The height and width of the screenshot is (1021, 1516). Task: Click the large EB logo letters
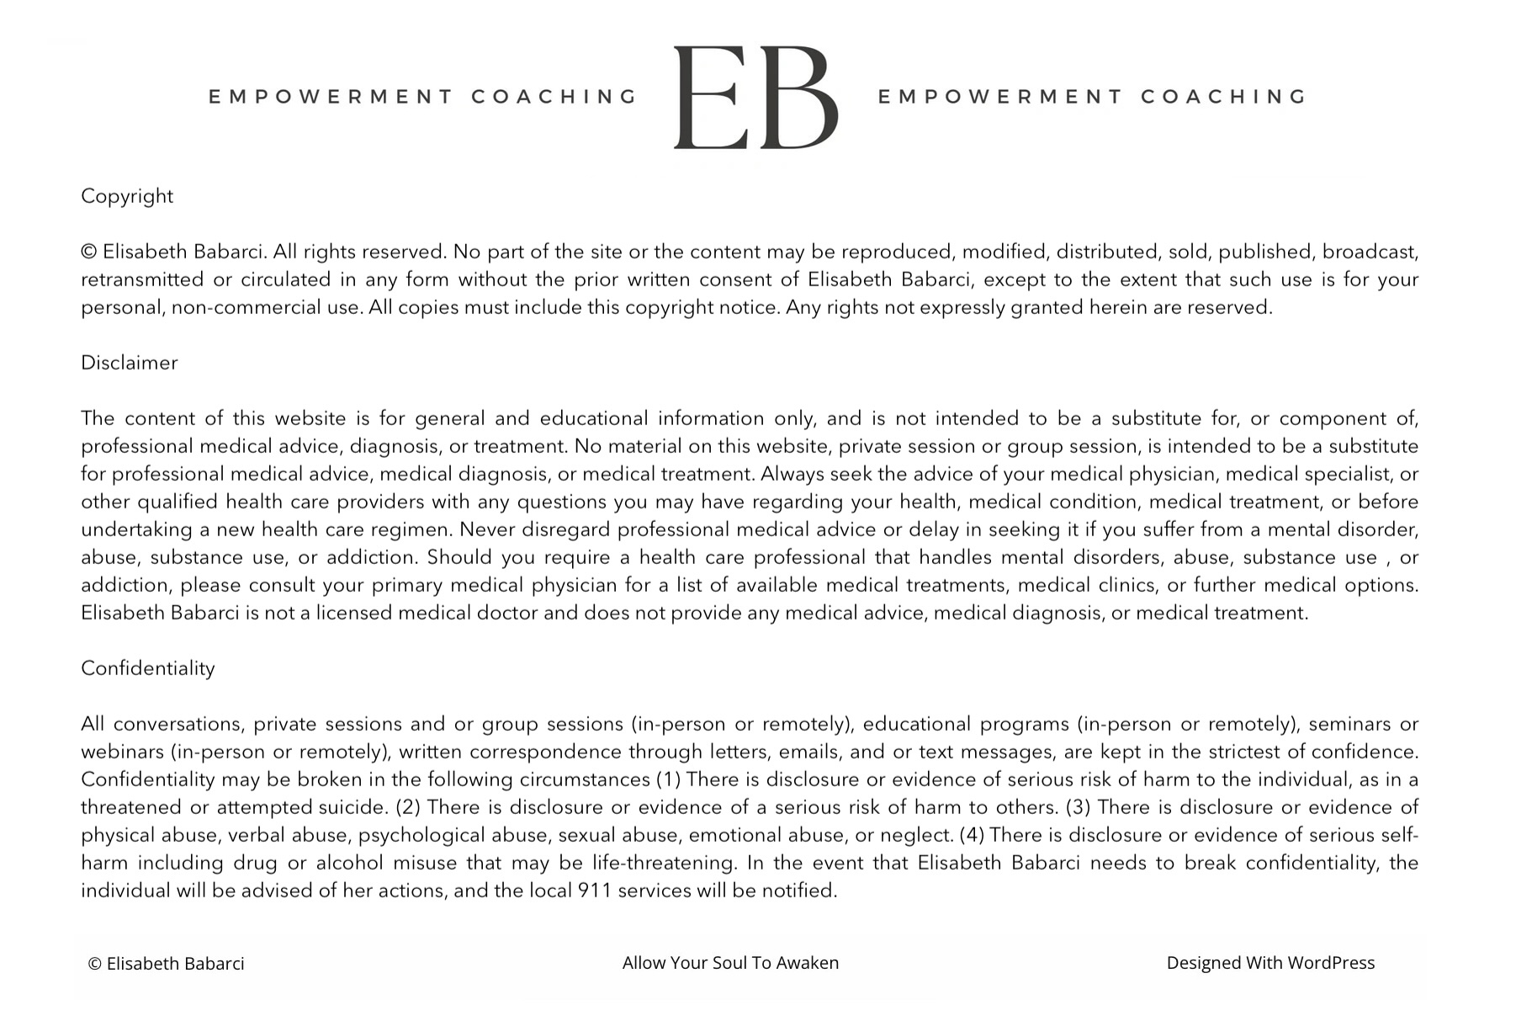[755, 98]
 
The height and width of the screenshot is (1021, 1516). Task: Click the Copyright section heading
[127, 196]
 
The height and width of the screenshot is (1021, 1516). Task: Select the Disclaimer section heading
[130, 363]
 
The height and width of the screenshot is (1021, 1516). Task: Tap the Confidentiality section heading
[148, 668]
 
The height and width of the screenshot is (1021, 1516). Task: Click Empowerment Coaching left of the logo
[423, 97]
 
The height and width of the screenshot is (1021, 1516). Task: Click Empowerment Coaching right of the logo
[1092, 97]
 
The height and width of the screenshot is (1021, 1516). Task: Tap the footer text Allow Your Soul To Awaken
[730, 963]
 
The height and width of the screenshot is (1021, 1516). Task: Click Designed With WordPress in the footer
[1270, 963]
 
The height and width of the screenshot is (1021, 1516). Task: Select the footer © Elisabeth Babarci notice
[167, 964]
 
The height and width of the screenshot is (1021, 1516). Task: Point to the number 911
[595, 891]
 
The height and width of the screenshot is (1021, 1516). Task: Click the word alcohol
[349, 863]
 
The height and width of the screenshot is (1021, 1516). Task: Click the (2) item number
[407, 807]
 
